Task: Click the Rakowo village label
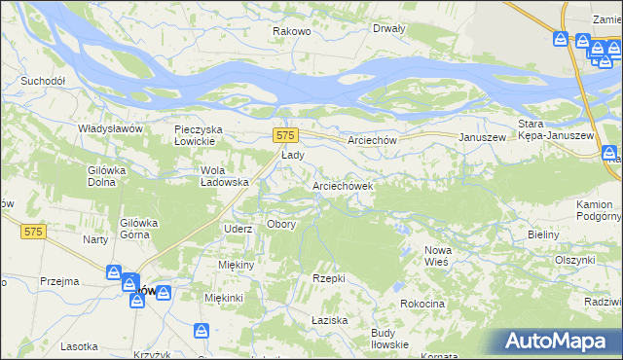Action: point(291,31)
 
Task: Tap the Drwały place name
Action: point(389,28)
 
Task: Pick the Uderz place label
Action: point(238,229)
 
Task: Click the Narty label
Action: point(94,239)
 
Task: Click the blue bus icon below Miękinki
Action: point(202,332)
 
